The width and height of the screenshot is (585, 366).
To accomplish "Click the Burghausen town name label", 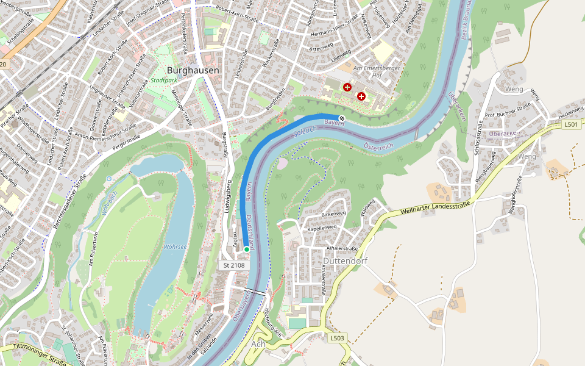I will click(193, 70).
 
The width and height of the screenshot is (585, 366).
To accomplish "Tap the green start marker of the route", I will click(247, 249).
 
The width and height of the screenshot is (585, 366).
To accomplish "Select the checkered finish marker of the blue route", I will click(342, 118).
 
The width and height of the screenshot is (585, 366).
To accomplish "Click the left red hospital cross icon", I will click(347, 88).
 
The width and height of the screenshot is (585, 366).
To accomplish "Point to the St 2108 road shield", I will click(234, 265).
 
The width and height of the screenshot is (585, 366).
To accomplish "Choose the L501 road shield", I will click(570, 124).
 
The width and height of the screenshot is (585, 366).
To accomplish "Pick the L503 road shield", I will click(337, 337).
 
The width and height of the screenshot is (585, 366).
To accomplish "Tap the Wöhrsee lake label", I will click(175, 246).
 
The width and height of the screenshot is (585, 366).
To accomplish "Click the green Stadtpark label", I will click(165, 81).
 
